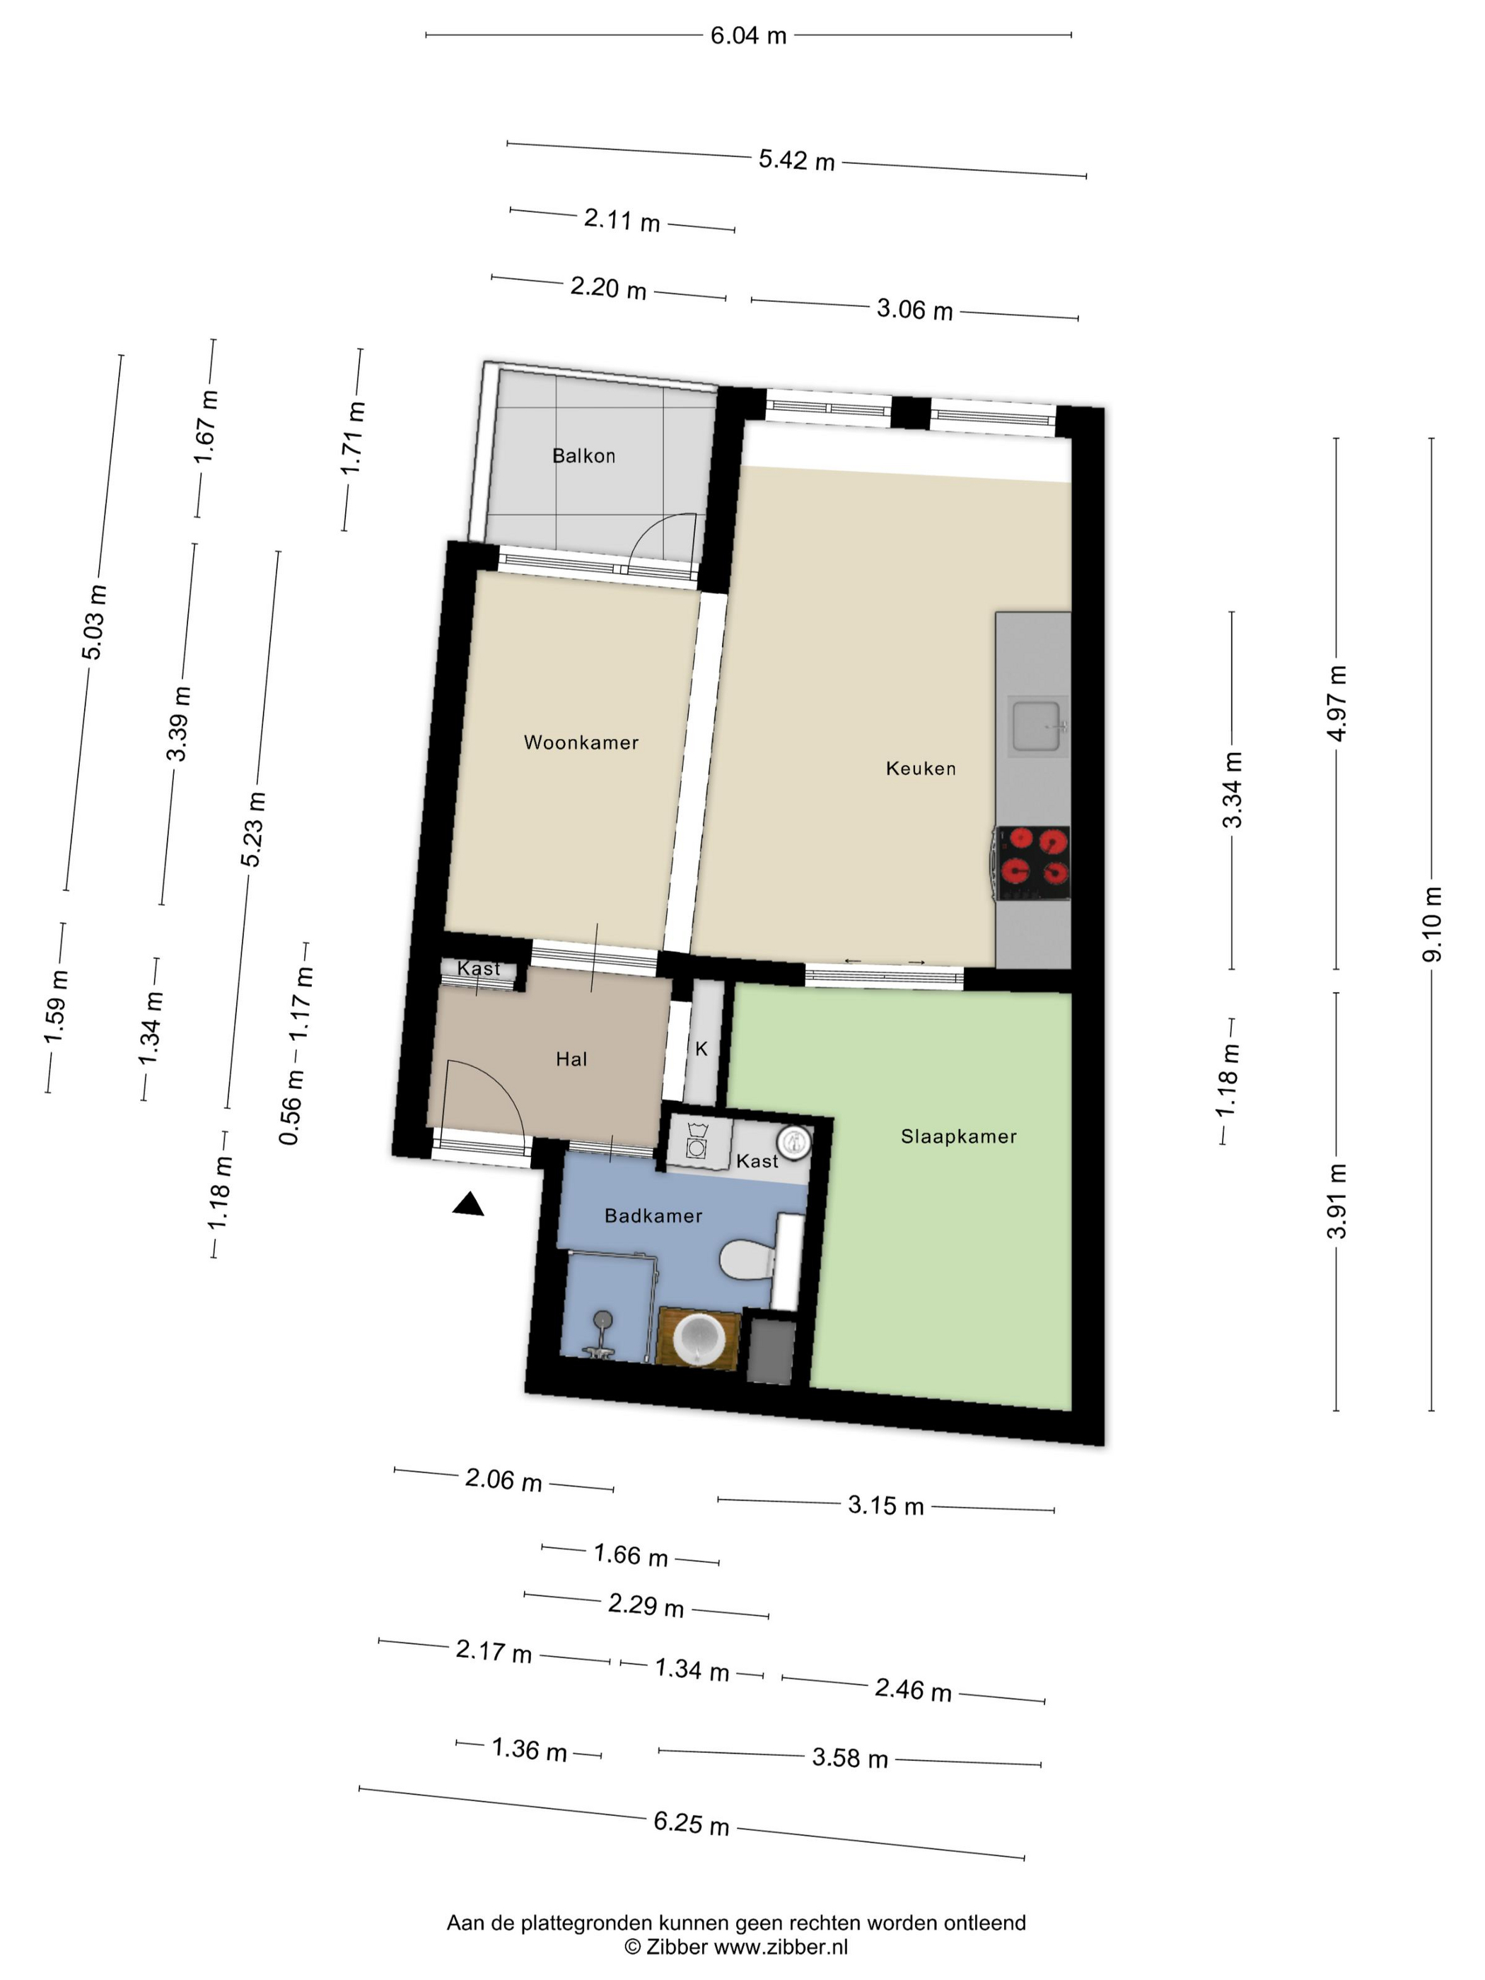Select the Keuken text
[921, 768]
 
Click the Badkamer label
[653, 1216]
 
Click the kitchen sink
[1037, 726]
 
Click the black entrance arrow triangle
[467, 1205]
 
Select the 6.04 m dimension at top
[748, 36]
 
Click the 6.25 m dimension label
[691, 1822]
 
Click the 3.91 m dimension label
[1336, 1200]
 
